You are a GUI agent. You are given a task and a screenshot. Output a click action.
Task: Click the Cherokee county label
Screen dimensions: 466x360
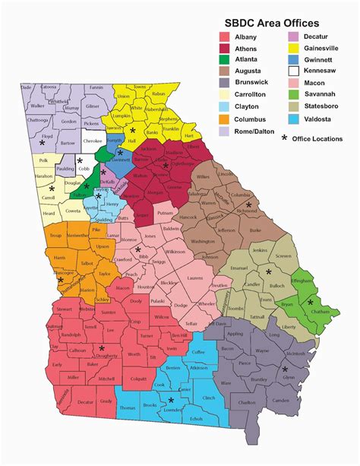click(x=93, y=141)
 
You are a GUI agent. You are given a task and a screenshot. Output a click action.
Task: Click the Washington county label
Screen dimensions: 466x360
click(x=204, y=242)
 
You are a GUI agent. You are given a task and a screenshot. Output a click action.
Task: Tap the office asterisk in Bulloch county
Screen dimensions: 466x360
click(x=269, y=271)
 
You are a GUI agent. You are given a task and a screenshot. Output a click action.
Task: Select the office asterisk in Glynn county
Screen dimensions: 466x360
click(x=284, y=369)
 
